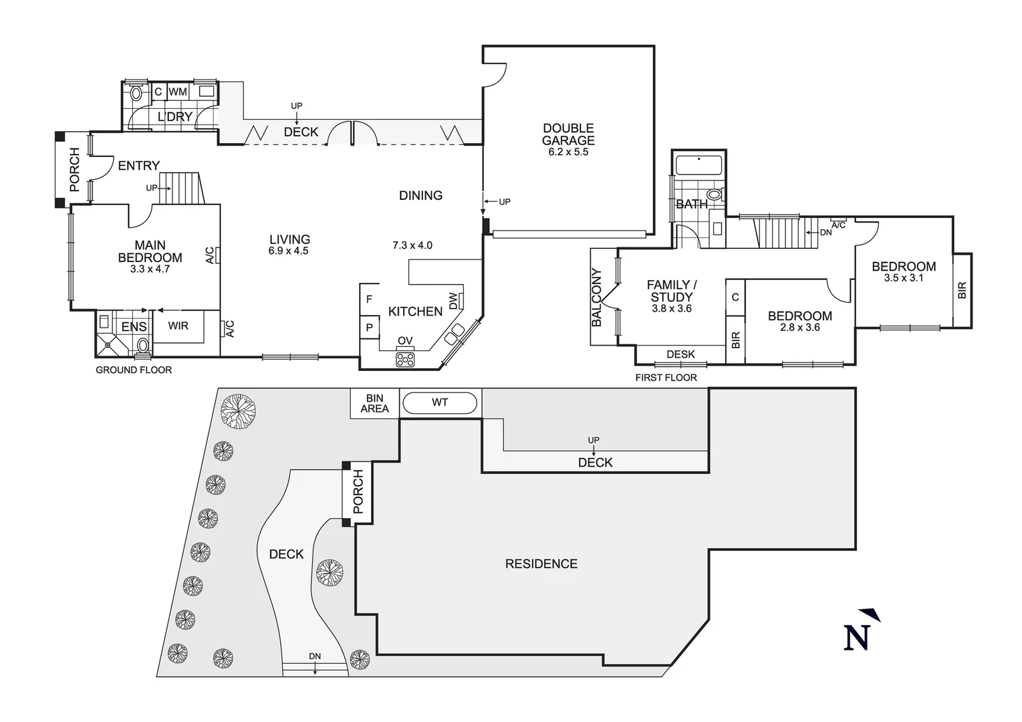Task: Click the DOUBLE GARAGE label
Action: tap(568, 134)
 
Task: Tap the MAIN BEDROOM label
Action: tap(150, 251)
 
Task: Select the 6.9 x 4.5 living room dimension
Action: tap(289, 251)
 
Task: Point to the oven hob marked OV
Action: tap(405, 359)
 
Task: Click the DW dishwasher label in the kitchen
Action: tap(454, 301)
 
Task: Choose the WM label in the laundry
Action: tap(178, 92)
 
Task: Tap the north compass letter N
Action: tap(857, 637)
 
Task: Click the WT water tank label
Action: tap(440, 402)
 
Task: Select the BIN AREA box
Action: tap(374, 403)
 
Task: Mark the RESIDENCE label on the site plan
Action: tap(541, 564)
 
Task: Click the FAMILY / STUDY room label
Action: tap(672, 291)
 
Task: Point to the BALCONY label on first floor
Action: tap(597, 297)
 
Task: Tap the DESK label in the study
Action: tap(680, 354)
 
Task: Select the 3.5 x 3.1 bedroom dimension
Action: tap(904, 278)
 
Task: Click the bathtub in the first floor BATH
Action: tap(698, 164)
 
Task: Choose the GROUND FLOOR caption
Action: tap(134, 370)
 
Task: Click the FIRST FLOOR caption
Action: tap(666, 378)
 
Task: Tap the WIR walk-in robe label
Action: tap(178, 326)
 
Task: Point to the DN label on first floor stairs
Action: tap(826, 232)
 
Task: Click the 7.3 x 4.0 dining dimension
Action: tap(412, 245)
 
